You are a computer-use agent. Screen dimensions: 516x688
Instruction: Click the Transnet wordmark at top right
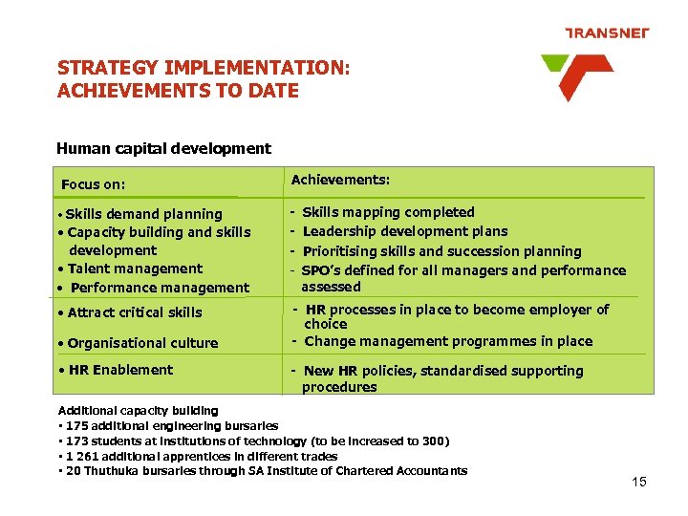[607, 33]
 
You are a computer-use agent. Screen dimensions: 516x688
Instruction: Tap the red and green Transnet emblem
[576, 76]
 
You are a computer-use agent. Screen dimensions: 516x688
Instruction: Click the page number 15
[639, 482]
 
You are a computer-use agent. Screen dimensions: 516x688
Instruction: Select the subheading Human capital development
[163, 148]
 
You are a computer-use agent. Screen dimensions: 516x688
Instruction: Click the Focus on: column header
[94, 184]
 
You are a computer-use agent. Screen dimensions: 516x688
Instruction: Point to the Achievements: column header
[340, 180]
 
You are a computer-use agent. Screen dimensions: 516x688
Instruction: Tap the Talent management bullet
[135, 269]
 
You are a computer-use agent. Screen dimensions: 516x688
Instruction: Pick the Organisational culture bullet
[142, 343]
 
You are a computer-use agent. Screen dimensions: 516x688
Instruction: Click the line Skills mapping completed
[388, 212]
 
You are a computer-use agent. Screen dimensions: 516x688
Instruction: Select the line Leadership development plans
[405, 231]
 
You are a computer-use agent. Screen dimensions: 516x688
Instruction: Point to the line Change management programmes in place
[448, 341]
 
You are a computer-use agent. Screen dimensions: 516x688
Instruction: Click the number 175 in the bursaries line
[77, 426]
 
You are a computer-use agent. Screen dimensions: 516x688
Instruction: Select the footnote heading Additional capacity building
[139, 411]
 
